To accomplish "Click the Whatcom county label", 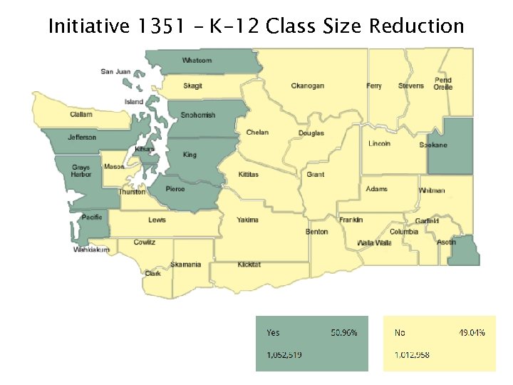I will pyautogui.click(x=197, y=61).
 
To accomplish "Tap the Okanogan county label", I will pyautogui.click(x=307, y=86).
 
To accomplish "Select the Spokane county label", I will pyautogui.click(x=433, y=145).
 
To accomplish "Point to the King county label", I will pyautogui.click(x=190, y=155).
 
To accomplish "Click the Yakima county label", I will pyautogui.click(x=247, y=220).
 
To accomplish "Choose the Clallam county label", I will pyautogui.click(x=81, y=115).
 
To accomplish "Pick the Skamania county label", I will pyautogui.click(x=186, y=265).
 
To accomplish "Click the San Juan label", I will pyautogui.click(x=115, y=71).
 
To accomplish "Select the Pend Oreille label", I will pyautogui.click(x=443, y=83).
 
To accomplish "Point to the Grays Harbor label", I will pyautogui.click(x=81, y=171).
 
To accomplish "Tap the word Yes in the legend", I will pyautogui.click(x=273, y=333).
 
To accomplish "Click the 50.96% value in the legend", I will pyautogui.click(x=344, y=333).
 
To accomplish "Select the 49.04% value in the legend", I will pyautogui.click(x=471, y=333).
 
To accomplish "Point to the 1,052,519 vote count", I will pyautogui.click(x=284, y=354).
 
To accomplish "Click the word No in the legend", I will pyautogui.click(x=400, y=333).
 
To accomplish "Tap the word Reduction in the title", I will pyautogui.click(x=416, y=27).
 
